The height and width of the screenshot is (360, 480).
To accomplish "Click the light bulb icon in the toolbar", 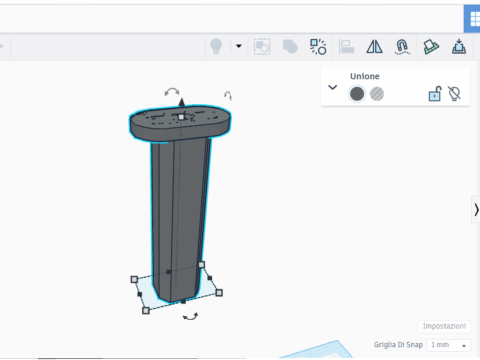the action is click(216, 47).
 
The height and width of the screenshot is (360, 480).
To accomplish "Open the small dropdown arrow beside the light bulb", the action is click(239, 46).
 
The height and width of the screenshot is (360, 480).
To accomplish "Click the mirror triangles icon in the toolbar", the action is click(375, 47).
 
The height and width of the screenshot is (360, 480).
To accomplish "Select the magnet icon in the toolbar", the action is click(402, 47).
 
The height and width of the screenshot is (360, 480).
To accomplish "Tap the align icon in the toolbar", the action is click(347, 47).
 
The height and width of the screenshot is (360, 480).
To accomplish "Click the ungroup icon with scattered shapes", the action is click(318, 47).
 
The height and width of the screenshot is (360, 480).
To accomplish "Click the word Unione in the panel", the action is click(365, 76).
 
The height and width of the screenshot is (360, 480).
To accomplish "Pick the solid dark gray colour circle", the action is click(357, 94).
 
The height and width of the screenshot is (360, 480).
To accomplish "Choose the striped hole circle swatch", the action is click(377, 94).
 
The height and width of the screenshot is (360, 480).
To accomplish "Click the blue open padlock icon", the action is click(435, 93).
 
